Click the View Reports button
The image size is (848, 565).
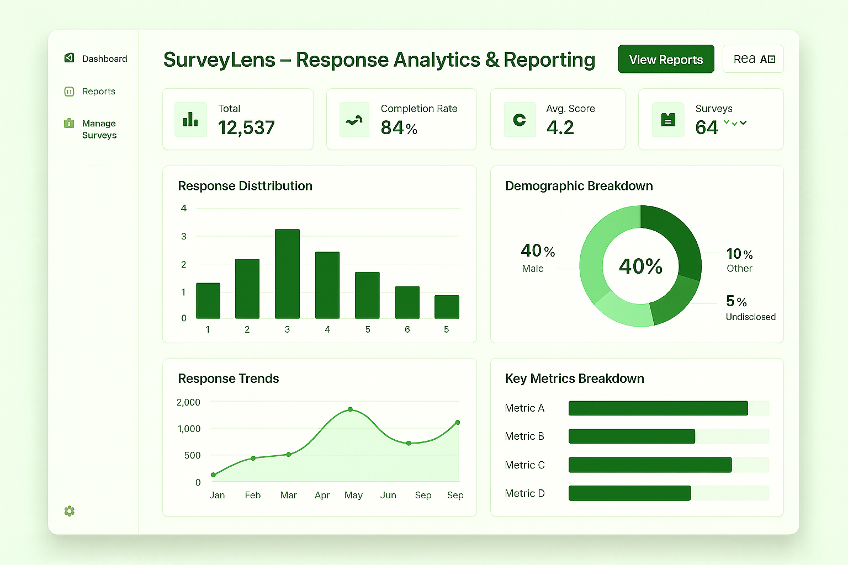pos(666,60)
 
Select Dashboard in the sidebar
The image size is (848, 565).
pos(104,58)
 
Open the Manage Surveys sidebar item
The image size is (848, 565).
pos(99,129)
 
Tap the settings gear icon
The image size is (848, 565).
pos(69,511)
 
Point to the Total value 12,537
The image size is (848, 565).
pos(246,128)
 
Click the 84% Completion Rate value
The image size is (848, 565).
pos(399,128)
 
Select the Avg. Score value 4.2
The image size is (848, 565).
pos(560,128)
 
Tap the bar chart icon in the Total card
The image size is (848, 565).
pos(190,119)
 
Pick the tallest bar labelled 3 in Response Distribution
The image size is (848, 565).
pos(287,274)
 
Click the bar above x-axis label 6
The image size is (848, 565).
pos(407,302)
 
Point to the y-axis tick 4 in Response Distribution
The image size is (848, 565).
pos(184,209)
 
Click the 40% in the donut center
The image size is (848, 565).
pos(640,266)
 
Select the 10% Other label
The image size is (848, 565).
pos(739,260)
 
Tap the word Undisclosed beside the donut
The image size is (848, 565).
pos(750,317)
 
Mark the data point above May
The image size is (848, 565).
pos(351,409)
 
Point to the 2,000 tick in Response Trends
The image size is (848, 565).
pos(188,402)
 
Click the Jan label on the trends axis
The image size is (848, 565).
pos(217,495)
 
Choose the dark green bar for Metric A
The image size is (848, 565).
pos(658,408)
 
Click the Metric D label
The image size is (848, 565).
pos(524,493)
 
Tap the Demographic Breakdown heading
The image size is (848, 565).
pos(579,186)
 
